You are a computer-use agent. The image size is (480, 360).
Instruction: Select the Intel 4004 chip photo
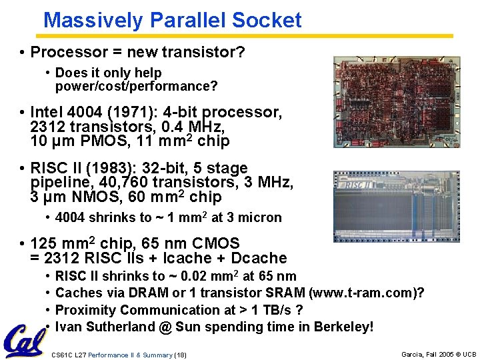(396, 101)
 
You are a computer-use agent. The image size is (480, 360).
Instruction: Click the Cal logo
(24, 341)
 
